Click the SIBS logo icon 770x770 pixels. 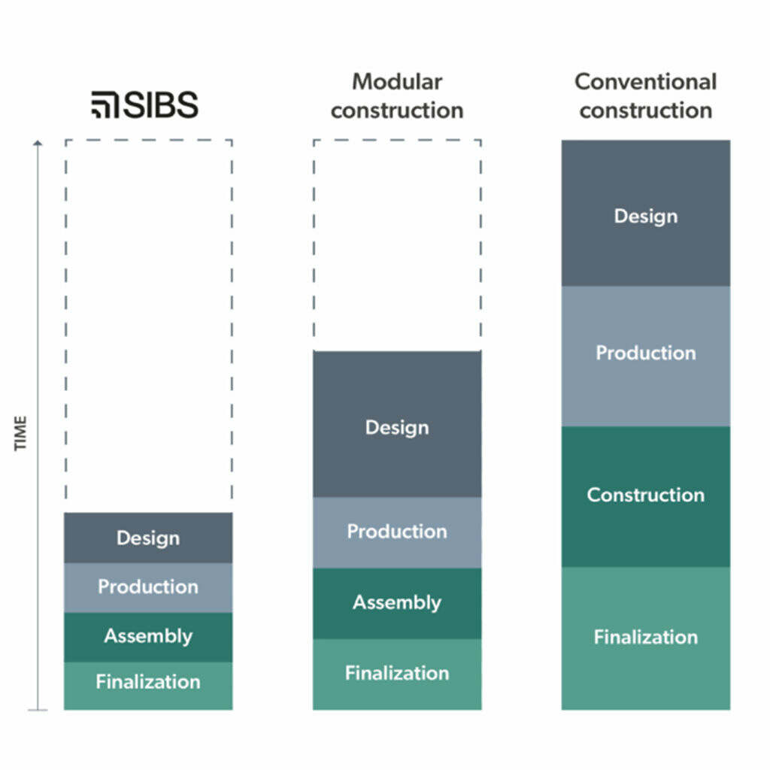(105, 105)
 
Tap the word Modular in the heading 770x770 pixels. (397, 82)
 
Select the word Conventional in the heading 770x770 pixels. (646, 82)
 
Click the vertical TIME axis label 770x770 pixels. (20, 433)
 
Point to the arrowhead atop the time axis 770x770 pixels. (38, 143)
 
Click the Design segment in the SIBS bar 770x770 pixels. (148, 538)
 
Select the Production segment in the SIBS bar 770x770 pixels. (148, 588)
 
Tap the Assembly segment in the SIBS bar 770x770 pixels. (148, 638)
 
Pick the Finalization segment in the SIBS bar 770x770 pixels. (148, 686)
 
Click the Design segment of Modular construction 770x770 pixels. (397, 424)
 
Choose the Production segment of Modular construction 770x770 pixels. (397, 533)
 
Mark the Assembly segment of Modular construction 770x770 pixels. (397, 604)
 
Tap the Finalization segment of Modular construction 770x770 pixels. (397, 675)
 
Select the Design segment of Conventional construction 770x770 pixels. (646, 213)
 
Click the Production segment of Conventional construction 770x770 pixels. (646, 356)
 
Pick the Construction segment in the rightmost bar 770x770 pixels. (646, 497)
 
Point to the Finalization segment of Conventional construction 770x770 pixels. (646, 638)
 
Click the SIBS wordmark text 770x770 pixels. (161, 105)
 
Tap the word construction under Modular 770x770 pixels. (397, 111)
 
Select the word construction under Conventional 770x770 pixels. (646, 111)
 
